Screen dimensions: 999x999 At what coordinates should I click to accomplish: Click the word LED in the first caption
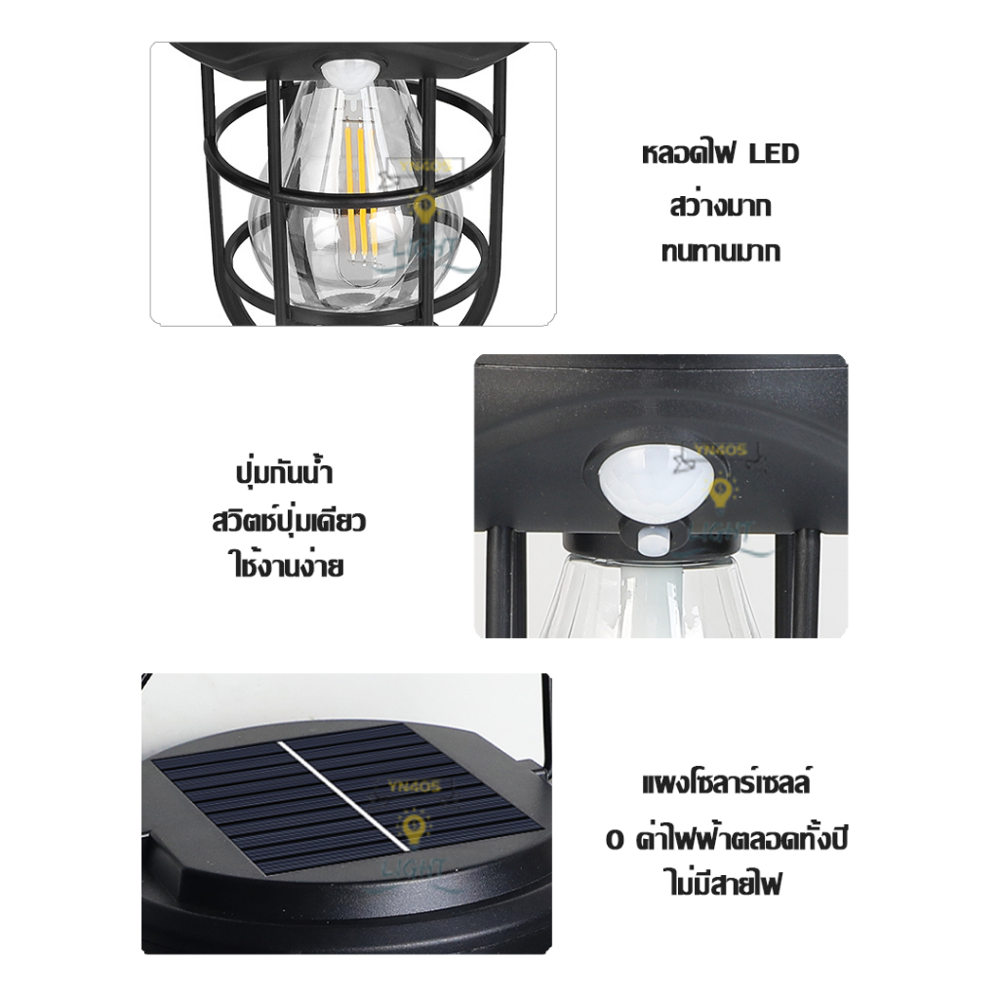(x=774, y=155)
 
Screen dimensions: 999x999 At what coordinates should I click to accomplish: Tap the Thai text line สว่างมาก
(x=721, y=206)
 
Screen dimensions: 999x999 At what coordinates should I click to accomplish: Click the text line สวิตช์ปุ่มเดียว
(x=288, y=520)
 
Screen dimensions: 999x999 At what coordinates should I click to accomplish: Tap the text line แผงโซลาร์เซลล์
(x=728, y=785)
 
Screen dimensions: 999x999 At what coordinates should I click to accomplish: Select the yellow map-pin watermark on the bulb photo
(x=425, y=207)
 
